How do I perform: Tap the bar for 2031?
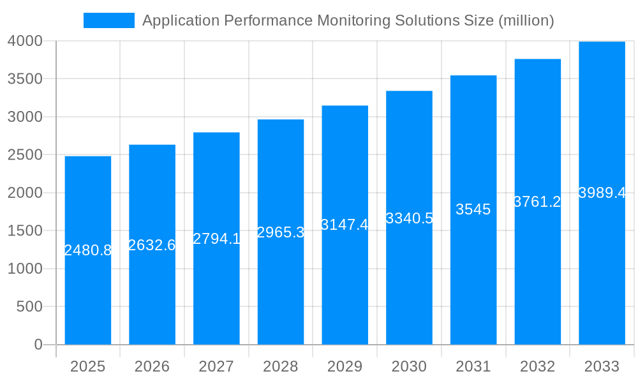473,274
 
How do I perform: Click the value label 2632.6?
152,245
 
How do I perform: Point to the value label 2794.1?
216,239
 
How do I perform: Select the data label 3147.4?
345,225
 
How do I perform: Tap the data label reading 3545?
473,209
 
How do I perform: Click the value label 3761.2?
537,202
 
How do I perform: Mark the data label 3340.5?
409,218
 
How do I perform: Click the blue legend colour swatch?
109,20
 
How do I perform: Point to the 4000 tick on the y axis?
25,41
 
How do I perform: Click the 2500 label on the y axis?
25,155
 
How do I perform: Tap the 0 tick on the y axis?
38,345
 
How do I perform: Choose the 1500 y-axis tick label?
25,231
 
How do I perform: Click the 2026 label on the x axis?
152,366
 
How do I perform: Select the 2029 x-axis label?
345,366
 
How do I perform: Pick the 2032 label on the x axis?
537,366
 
